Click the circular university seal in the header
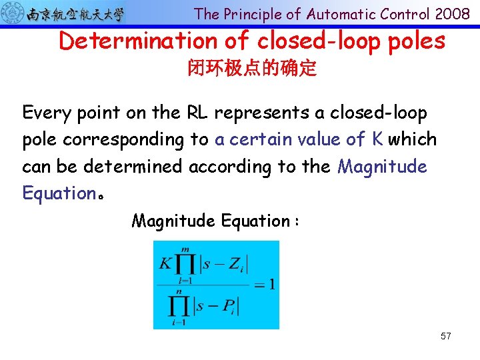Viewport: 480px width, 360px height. point(13,13)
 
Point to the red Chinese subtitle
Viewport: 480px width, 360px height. point(252,69)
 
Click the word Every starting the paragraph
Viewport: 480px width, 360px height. point(45,113)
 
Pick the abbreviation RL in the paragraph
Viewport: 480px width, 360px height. point(193,113)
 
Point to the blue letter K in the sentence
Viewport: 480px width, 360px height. point(377,139)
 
